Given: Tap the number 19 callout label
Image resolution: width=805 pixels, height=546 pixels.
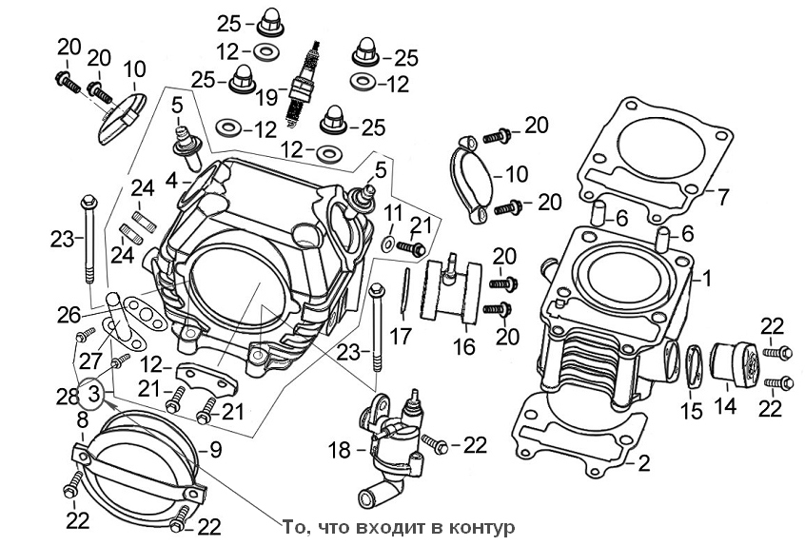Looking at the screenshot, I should click(266, 96).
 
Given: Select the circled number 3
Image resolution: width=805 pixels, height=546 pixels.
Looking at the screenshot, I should click(93, 391).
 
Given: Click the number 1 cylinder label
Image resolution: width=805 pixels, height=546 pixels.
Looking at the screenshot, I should click(706, 279).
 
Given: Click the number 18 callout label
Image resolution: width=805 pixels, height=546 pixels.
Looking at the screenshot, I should click(338, 449).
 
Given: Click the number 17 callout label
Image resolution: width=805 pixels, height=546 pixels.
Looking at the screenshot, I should click(401, 335).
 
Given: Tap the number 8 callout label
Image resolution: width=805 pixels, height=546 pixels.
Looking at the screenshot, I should click(82, 419).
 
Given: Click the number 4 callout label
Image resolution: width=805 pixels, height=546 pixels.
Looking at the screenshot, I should click(171, 179).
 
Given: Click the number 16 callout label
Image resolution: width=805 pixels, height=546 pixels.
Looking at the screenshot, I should click(463, 346).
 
